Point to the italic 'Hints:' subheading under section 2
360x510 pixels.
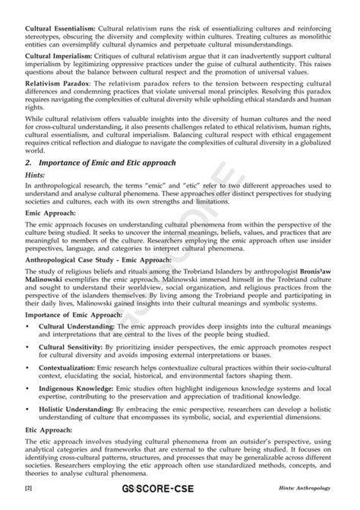pyautogui.click(x=36, y=197)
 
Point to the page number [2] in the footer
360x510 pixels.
pyautogui.click(x=29, y=505)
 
